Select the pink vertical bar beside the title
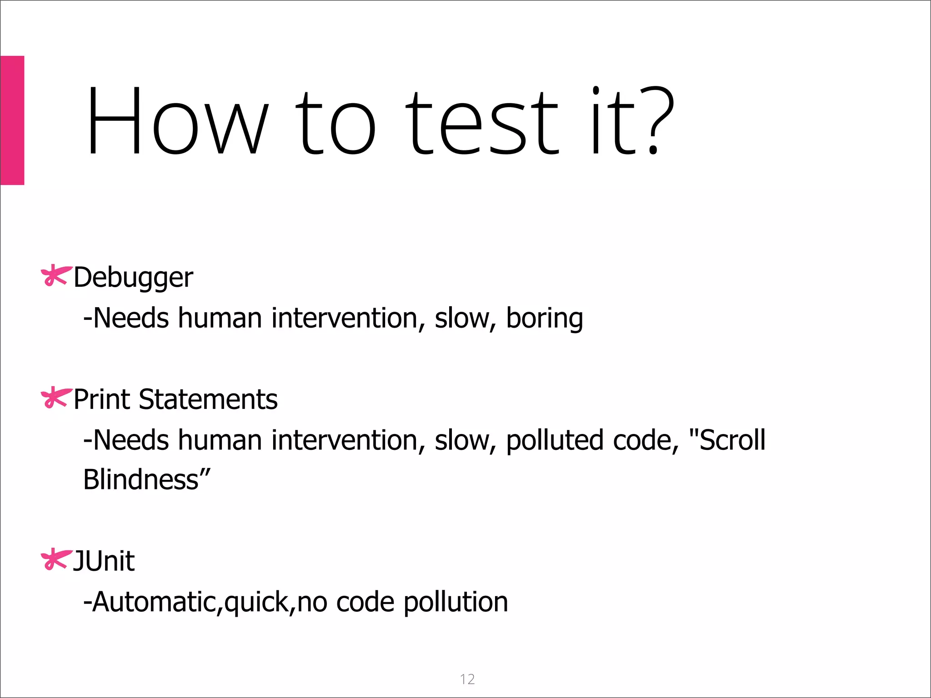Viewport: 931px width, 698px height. pos(12,120)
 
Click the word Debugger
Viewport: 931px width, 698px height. pos(133,278)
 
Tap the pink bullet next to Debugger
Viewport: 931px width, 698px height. pos(56,275)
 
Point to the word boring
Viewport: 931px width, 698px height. pos(544,318)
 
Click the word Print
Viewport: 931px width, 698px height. pos(102,399)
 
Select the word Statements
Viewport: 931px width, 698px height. pos(208,399)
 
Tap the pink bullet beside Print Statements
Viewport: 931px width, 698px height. pos(56,398)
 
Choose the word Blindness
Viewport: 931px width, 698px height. pos(141,480)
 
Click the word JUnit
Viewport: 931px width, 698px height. pos(104,561)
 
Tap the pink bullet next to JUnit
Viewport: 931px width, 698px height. pos(56,559)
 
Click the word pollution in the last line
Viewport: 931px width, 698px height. pos(455,602)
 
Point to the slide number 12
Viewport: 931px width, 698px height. pos(467,679)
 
